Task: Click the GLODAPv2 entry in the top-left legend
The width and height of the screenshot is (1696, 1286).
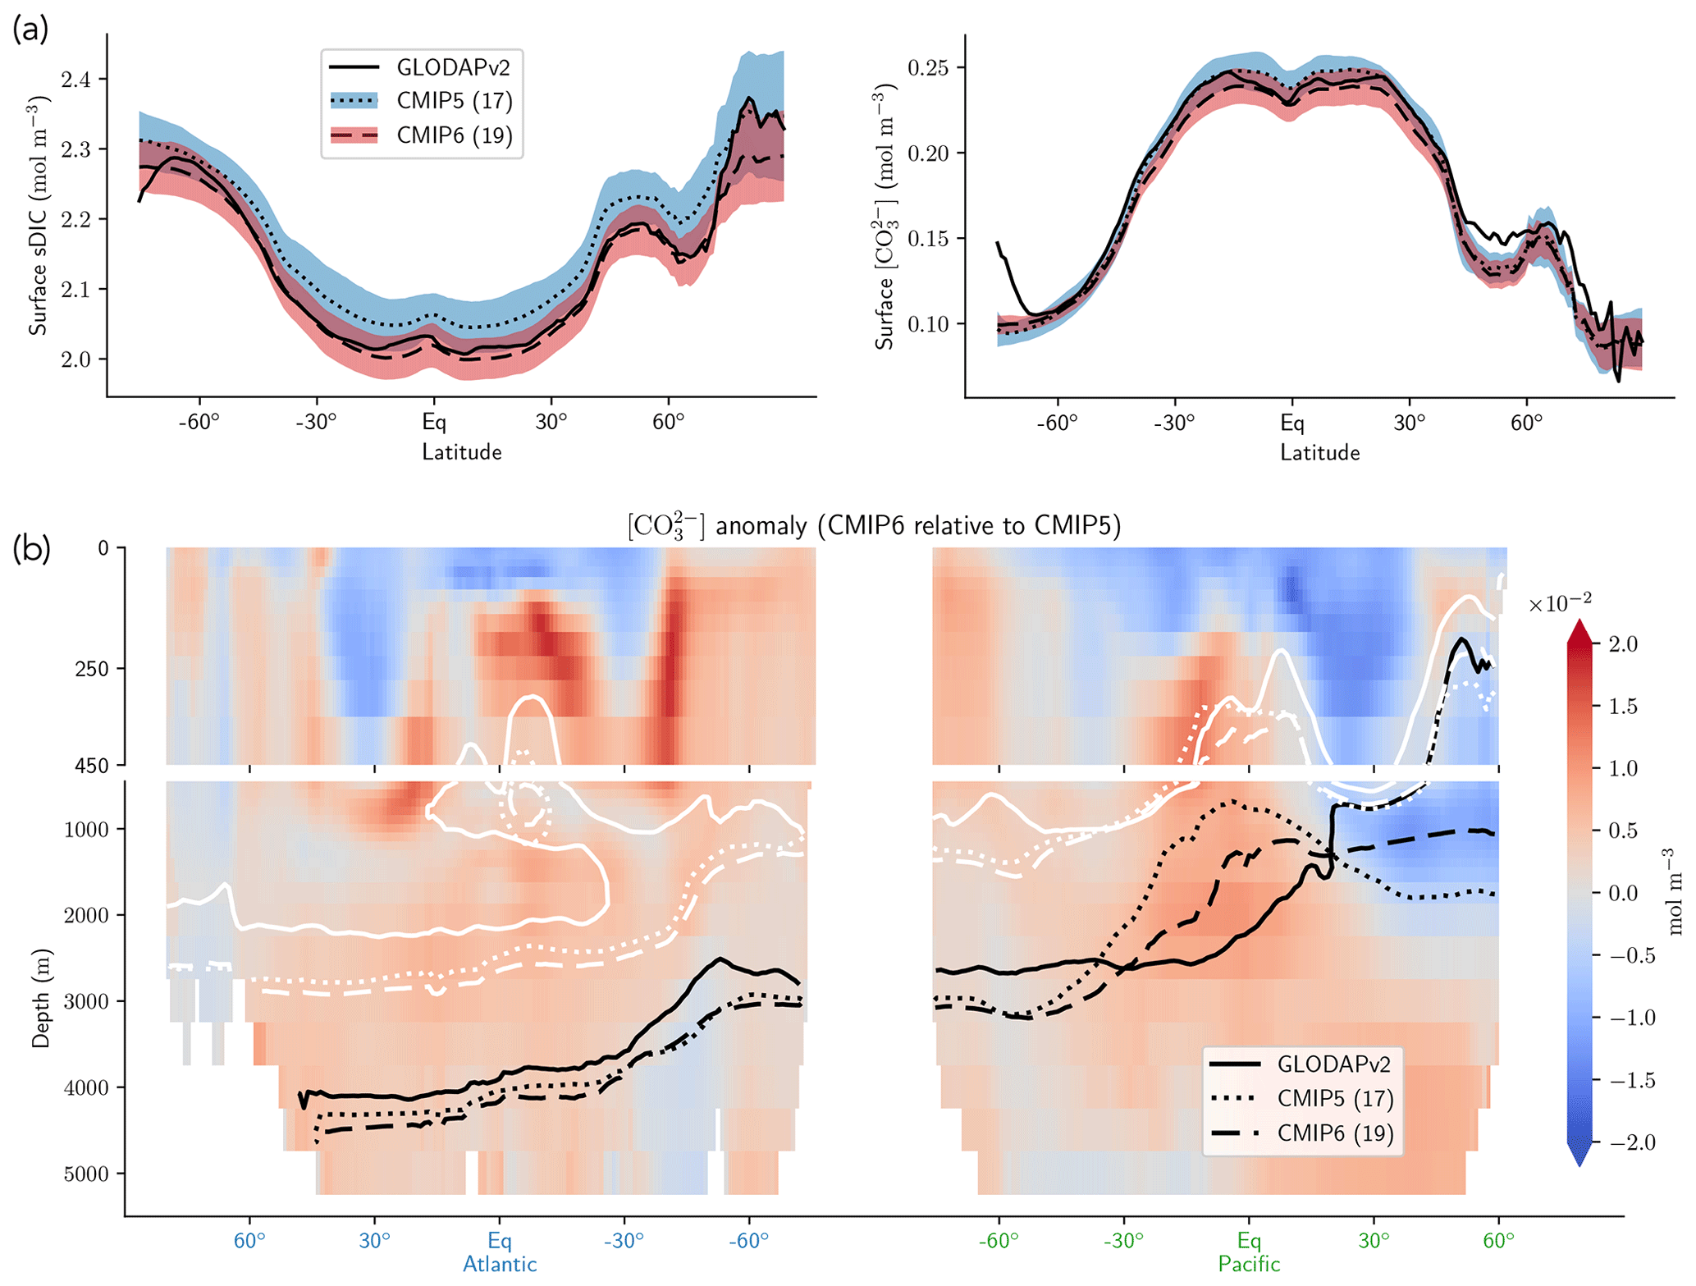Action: (453, 67)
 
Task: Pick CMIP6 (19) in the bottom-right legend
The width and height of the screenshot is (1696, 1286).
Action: (1335, 1133)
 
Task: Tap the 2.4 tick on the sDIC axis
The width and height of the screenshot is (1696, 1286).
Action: (76, 80)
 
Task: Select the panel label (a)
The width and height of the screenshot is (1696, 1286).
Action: (30, 30)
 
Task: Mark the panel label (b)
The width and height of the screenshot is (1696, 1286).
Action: (31, 548)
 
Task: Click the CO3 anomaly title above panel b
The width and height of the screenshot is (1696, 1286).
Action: (874, 525)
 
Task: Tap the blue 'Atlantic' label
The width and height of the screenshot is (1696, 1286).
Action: (500, 1264)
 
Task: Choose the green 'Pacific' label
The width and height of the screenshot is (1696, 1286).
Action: (1249, 1264)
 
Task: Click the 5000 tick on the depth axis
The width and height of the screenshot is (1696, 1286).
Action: (86, 1174)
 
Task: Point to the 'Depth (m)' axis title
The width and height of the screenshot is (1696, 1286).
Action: (40, 998)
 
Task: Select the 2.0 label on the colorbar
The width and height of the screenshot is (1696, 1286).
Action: (1622, 644)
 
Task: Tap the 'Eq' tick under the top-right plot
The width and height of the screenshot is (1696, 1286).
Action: (1292, 423)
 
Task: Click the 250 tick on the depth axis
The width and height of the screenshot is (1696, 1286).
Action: (93, 668)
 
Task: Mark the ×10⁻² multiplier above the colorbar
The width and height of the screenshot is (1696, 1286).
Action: (1559, 603)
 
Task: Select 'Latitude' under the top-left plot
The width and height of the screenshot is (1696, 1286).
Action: (461, 452)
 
